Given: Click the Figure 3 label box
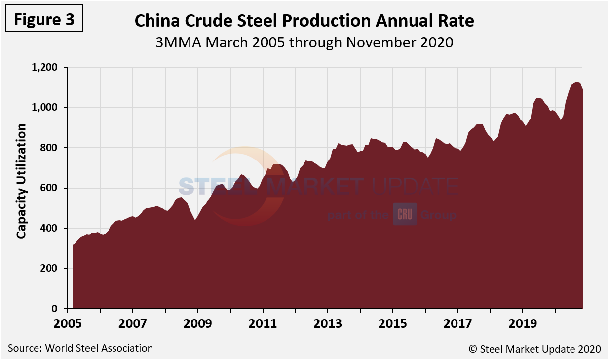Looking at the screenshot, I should (x=44, y=19).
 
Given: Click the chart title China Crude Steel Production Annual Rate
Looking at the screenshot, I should (x=304, y=21).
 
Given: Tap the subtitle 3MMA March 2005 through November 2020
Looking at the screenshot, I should (x=304, y=42).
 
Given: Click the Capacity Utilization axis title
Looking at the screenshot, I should (x=21, y=181).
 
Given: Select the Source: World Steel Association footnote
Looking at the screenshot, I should (x=80, y=348).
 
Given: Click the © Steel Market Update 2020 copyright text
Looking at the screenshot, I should (x=535, y=349).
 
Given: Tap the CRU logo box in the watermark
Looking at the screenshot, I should (x=405, y=214).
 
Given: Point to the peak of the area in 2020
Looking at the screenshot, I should (x=576, y=82).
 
